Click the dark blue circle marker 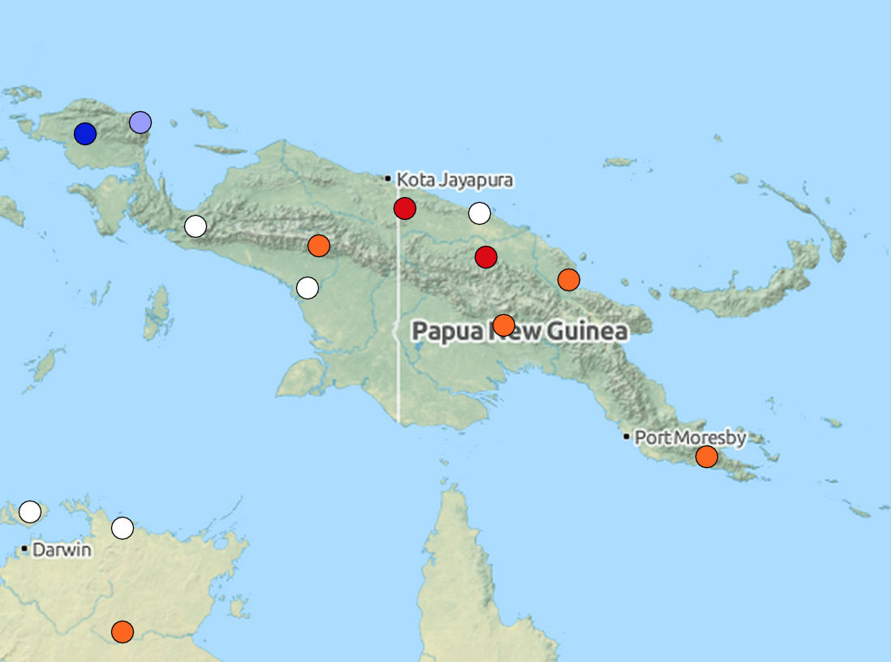tap(85, 134)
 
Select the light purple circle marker tap(140, 123)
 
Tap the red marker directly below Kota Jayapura tap(405, 208)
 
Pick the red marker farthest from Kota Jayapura tap(486, 257)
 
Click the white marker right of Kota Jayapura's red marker tap(480, 213)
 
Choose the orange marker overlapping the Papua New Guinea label tap(504, 325)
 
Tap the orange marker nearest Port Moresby tap(707, 457)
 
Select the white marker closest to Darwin tap(30, 512)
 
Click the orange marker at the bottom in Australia tap(123, 631)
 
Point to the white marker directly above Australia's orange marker tap(123, 528)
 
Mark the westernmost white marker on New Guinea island tap(196, 226)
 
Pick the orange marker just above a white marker tap(319, 245)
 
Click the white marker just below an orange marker tap(308, 287)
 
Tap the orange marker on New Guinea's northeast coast tap(569, 280)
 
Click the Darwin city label tap(61, 550)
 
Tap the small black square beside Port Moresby tap(626, 436)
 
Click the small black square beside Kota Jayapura tap(388, 178)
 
